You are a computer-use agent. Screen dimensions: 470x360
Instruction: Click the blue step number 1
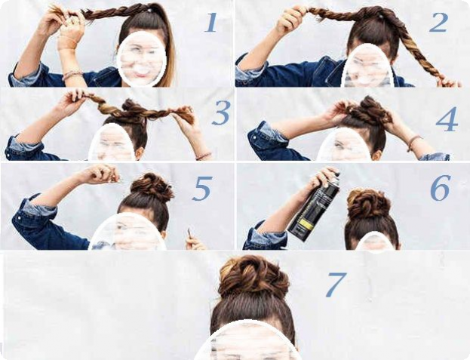(x=210, y=23)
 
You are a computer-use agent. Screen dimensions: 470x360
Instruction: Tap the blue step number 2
(x=438, y=22)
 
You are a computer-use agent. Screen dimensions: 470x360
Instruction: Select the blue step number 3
(x=221, y=112)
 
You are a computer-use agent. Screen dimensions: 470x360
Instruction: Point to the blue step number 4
(x=447, y=119)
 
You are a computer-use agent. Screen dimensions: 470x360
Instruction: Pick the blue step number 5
(x=203, y=188)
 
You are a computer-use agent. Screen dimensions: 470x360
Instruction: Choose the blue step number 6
(x=441, y=188)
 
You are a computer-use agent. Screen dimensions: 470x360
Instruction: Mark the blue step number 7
(x=336, y=285)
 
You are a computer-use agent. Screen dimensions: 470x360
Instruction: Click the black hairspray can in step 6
(x=315, y=207)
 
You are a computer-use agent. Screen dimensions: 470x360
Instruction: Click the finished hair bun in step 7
(x=253, y=277)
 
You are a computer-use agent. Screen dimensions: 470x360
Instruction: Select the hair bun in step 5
(x=152, y=187)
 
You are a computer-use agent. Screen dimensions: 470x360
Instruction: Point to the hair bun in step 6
(x=368, y=203)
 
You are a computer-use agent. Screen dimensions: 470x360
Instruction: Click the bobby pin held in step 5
(x=189, y=232)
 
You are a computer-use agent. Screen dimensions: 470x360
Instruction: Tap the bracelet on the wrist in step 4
(x=414, y=142)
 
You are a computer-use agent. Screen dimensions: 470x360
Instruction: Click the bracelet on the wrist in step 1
(x=72, y=74)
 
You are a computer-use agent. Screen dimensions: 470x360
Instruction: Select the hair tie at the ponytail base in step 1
(x=149, y=11)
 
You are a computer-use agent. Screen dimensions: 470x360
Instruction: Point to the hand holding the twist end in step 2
(x=449, y=82)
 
